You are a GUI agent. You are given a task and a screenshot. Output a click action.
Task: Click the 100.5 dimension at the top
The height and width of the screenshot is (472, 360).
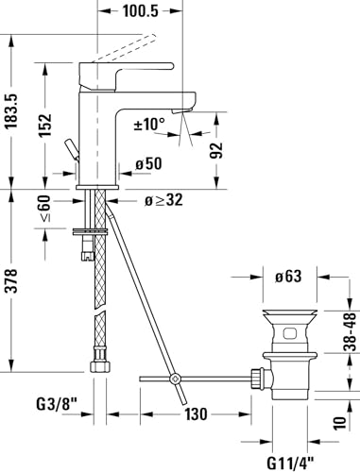click(x=140, y=11)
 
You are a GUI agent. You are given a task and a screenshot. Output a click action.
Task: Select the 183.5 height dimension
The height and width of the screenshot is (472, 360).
click(x=12, y=111)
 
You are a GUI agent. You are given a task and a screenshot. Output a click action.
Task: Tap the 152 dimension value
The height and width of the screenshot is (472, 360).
click(x=45, y=125)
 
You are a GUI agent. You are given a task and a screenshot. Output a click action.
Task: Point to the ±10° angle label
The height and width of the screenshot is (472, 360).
click(x=149, y=124)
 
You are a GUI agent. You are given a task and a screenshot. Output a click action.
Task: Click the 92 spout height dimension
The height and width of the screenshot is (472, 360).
click(x=216, y=150)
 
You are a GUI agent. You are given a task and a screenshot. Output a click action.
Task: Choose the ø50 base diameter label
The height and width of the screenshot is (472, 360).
click(x=148, y=163)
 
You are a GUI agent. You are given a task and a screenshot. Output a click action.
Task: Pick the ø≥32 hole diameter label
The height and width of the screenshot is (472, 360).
click(x=163, y=200)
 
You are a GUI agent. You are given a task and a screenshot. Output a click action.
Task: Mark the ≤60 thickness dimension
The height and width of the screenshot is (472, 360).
click(x=44, y=209)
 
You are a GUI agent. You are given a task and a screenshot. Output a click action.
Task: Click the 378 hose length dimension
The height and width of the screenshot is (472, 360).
click(x=12, y=280)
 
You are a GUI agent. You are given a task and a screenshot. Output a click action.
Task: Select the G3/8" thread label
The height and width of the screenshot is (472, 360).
click(x=57, y=404)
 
